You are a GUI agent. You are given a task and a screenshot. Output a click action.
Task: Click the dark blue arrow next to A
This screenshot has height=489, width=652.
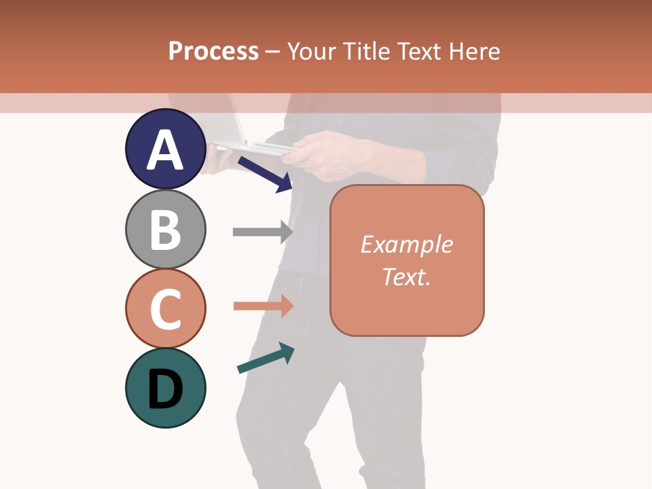[265, 174]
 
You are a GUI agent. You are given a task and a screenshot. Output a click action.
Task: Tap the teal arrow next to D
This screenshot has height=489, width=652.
[266, 357]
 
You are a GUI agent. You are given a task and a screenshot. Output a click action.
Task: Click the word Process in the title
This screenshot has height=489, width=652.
[213, 51]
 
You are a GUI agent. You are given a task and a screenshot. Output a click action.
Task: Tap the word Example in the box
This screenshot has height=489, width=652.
[406, 244]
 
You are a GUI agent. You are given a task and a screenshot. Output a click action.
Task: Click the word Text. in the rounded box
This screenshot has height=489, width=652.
[406, 276]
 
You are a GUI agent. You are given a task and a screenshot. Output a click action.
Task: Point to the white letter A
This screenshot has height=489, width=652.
[165, 149]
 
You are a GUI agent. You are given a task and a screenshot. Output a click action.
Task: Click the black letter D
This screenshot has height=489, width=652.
[165, 389]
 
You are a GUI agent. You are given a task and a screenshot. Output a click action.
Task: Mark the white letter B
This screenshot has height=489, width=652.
[165, 230]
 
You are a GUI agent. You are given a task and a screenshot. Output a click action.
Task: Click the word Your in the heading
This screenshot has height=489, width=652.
[312, 51]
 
